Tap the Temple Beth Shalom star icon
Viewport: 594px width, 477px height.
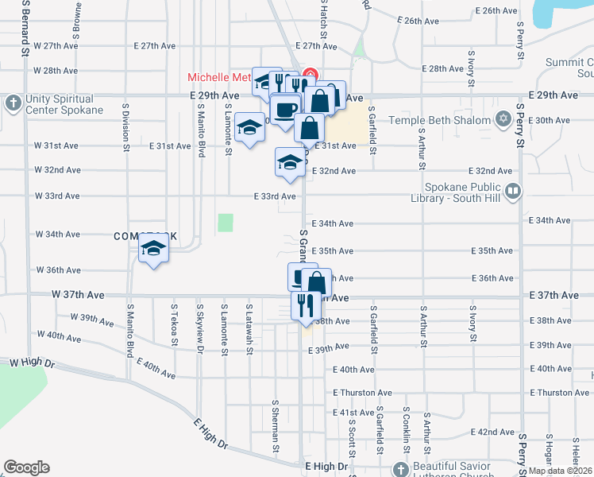coord(502,120)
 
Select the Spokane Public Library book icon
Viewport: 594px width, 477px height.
coord(514,192)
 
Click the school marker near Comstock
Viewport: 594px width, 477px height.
coord(154,250)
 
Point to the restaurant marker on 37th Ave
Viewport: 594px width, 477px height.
coord(306,304)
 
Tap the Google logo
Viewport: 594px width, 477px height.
coord(26,467)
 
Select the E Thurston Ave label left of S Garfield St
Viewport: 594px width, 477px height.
coord(362,393)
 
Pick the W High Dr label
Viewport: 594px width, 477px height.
coord(32,363)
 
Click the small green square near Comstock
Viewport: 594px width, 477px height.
coord(226,223)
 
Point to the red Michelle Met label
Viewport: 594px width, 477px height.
coord(219,77)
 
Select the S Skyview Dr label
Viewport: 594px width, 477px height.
coord(199,326)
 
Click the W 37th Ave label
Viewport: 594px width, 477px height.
coord(77,294)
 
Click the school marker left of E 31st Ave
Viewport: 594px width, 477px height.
coord(250,127)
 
